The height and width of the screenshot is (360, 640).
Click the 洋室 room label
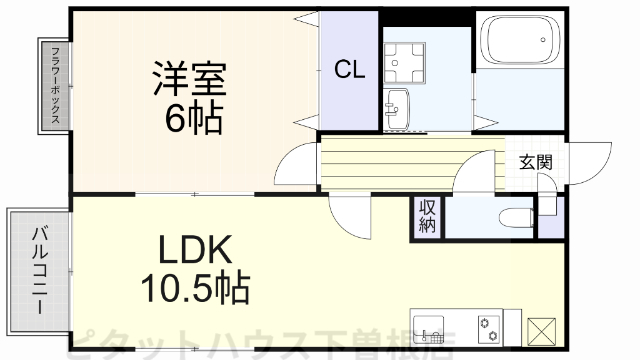point(190,79)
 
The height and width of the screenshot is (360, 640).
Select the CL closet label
point(349,69)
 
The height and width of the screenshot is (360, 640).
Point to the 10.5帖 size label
point(194,290)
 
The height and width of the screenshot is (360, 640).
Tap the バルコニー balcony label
point(40,265)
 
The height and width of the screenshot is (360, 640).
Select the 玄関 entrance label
point(536,163)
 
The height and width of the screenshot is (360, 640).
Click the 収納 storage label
point(427,217)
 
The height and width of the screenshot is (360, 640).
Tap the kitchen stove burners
point(488,326)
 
